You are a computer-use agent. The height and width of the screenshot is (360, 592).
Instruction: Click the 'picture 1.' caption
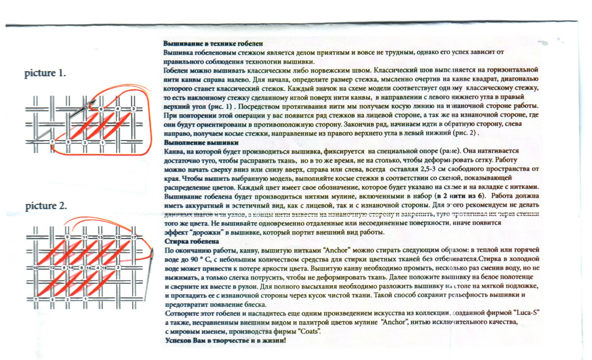tap(45, 73)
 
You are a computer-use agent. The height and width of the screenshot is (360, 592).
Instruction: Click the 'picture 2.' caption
tap(46, 206)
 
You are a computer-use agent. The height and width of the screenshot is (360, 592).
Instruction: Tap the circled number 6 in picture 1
tap(101, 109)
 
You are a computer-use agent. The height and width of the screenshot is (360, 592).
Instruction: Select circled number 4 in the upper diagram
tap(118, 109)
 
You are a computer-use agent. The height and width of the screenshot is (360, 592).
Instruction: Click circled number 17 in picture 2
tap(133, 237)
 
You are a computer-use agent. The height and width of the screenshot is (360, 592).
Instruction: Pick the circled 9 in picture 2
tap(67, 237)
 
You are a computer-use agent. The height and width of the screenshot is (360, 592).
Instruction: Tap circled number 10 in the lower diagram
tap(36, 268)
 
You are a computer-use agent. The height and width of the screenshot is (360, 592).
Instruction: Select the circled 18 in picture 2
tap(104, 268)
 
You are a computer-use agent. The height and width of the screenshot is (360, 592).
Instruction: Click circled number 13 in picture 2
tap(100, 237)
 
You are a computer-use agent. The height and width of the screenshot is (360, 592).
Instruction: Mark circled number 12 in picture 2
tap(52, 268)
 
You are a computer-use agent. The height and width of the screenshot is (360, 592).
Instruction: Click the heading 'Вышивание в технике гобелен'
tap(213, 44)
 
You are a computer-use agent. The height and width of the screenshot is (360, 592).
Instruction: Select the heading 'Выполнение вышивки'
tap(201, 143)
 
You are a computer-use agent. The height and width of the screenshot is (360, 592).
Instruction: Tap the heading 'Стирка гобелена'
tap(192, 241)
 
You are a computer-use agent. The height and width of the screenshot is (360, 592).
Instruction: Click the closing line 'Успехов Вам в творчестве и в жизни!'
tap(226, 340)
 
